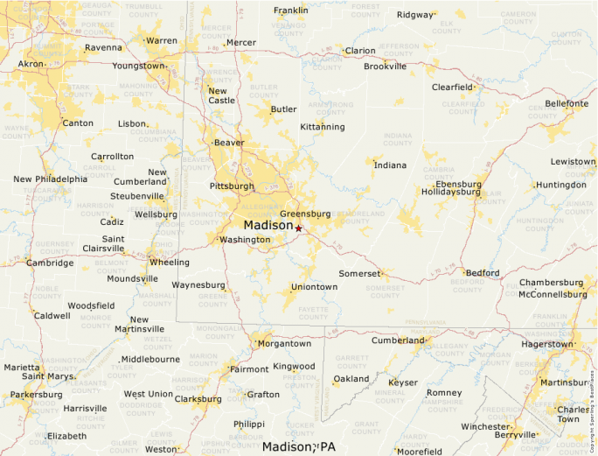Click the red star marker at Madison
coord(298,228)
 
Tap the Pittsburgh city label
coord(232,186)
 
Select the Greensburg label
coord(305,214)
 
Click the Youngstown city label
coord(138,66)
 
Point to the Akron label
coord(31,65)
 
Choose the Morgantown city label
coord(285,344)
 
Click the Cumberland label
coord(397,340)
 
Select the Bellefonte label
coord(567,103)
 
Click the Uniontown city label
coord(314,287)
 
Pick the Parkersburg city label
coord(36,395)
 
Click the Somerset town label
coord(359,274)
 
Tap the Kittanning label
coord(322,127)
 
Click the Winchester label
coord(484,427)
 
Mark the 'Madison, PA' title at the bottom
coord(299,446)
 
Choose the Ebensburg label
coord(452,185)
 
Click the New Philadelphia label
coord(51,179)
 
